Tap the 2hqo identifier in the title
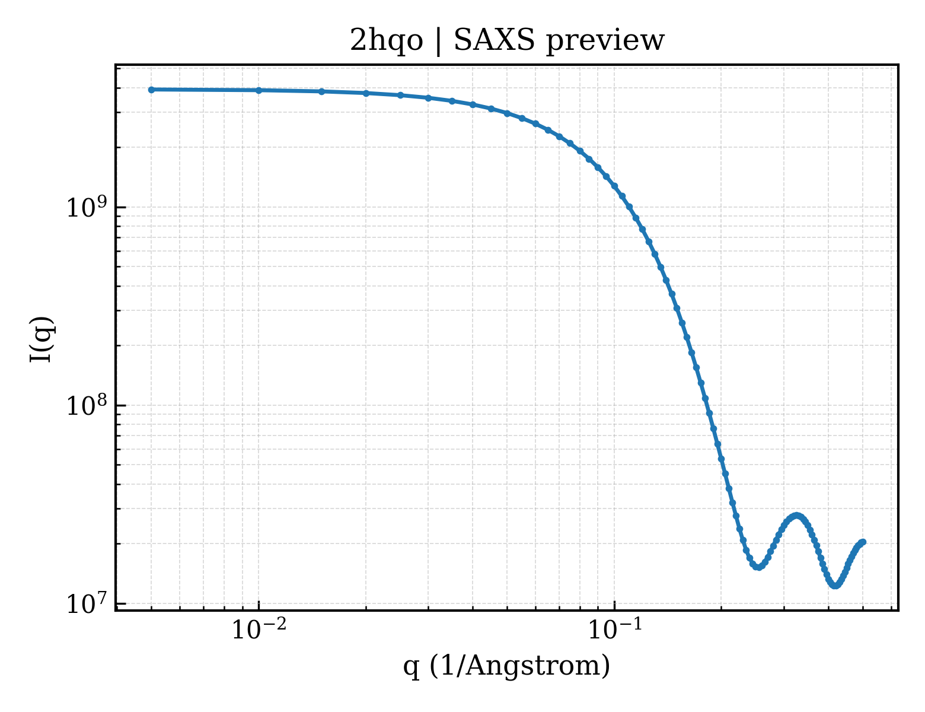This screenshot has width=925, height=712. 386,41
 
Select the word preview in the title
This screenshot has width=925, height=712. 605,42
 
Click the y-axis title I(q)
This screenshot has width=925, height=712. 42,339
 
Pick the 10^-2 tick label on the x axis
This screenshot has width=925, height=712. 259,630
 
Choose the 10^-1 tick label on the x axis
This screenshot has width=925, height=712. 615,630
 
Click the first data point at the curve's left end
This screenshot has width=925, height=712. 152,90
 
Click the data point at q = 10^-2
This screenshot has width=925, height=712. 259,90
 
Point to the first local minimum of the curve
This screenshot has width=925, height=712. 758,567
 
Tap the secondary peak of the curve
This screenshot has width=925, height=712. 796,516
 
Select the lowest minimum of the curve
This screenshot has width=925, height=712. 835,586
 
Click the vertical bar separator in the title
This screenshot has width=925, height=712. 438,42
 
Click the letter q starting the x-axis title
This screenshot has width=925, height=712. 411,668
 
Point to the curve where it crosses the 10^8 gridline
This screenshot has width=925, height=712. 707,405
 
